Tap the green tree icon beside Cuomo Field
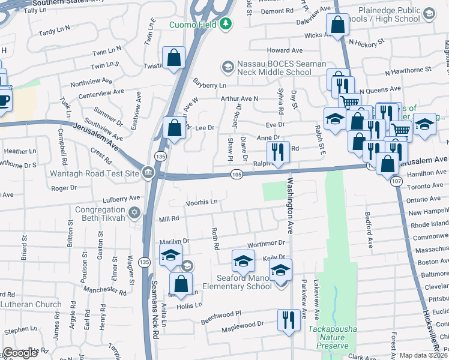(x=226, y=24)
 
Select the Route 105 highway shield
(x=237, y=175)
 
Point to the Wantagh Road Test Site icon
(x=148, y=174)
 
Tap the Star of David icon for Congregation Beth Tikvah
(x=134, y=212)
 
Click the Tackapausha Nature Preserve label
(x=328, y=337)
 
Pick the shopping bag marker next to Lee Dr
(x=174, y=128)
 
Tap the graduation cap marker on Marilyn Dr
(x=170, y=255)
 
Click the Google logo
(x=20, y=353)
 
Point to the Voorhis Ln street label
(x=201, y=203)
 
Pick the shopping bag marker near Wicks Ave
(x=337, y=25)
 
